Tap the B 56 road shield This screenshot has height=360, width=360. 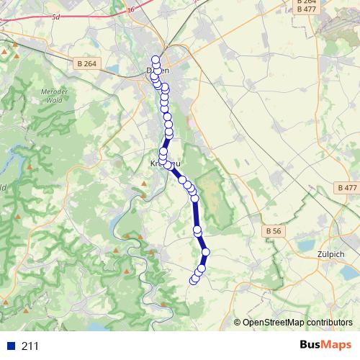coord(273,230)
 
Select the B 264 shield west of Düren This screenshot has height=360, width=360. coord(86,63)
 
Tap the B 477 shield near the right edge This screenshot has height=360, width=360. coord(346,187)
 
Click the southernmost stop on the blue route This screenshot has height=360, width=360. coord(193,280)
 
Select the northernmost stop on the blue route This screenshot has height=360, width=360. coord(155,60)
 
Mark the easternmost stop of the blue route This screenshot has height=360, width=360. coord(205,252)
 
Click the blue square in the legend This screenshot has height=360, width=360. coord(9,346)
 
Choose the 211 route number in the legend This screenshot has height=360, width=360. coord(31,346)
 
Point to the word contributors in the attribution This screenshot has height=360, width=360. coord(329,323)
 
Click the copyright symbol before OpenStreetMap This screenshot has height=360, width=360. coord(238,323)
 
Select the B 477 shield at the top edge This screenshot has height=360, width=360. coord(307,10)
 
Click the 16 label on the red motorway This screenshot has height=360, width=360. coord(130,9)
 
